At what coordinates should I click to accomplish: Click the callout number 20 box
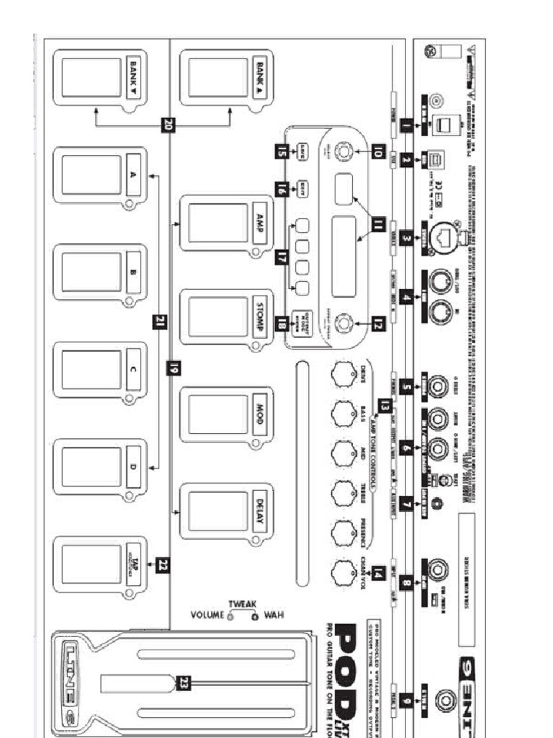[168, 124]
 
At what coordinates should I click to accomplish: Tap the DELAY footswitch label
[261, 511]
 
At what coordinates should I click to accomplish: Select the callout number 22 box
[163, 565]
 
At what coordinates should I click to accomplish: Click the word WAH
[274, 615]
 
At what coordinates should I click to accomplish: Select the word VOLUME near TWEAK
[207, 615]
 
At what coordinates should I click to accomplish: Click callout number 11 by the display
[377, 225]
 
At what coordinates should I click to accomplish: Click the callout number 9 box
[408, 700]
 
